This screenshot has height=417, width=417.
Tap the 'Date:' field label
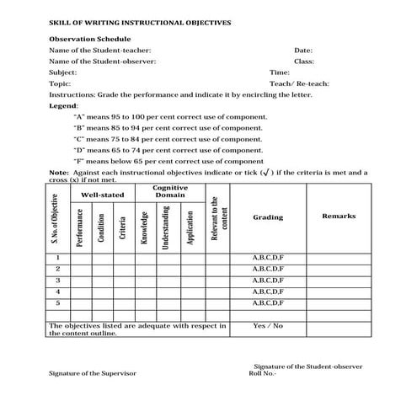click(x=303, y=51)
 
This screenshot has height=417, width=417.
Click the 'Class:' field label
click(x=304, y=61)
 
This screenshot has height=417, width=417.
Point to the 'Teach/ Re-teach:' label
click(x=299, y=83)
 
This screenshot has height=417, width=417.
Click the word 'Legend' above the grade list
click(x=62, y=106)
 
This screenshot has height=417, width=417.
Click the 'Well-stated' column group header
click(x=102, y=195)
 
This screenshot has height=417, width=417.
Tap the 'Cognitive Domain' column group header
click(x=169, y=191)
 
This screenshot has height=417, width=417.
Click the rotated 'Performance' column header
click(x=80, y=227)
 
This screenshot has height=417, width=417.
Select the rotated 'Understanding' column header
click(x=167, y=227)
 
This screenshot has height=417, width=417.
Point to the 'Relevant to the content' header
click(x=218, y=221)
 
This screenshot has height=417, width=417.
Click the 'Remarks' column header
click(x=339, y=217)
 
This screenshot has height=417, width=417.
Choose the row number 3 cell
click(x=58, y=279)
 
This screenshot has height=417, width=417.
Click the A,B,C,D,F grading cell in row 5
click(x=268, y=302)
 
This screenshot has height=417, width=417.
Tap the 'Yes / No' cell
click(x=268, y=325)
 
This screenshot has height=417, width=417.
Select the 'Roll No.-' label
click(x=262, y=372)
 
